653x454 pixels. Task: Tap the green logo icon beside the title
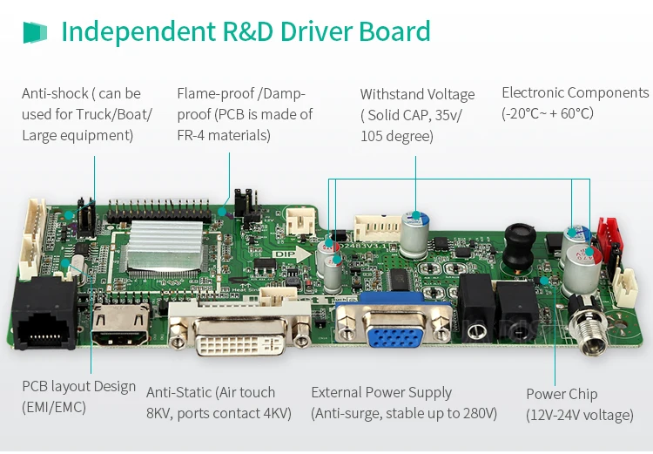click(x=35, y=33)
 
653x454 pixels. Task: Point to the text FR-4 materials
click(x=224, y=135)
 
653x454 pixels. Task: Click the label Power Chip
click(x=562, y=394)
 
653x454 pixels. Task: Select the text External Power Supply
click(x=381, y=392)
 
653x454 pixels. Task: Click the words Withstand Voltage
click(x=418, y=94)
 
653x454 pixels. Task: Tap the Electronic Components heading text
click(x=575, y=92)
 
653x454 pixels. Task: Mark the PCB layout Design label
click(x=78, y=386)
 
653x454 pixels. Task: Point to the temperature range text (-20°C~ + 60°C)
click(x=548, y=113)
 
